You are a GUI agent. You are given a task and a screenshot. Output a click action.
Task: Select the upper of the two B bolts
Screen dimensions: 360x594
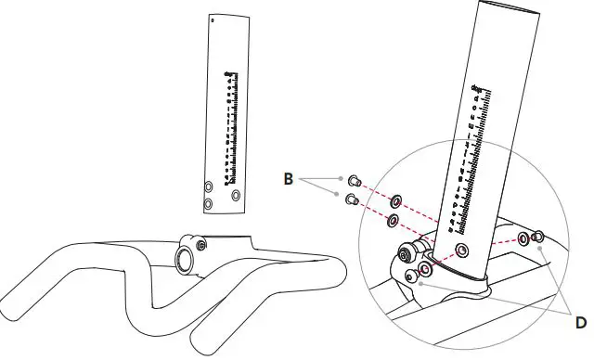(x=354, y=180)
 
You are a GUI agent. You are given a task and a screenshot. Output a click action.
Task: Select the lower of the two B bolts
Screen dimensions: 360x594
(x=352, y=199)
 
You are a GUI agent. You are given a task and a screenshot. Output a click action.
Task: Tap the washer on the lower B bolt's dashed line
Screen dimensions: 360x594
(x=392, y=221)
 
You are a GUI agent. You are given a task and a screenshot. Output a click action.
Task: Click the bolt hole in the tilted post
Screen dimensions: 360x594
(x=463, y=251)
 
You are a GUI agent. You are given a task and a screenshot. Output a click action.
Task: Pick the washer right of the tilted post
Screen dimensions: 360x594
(x=524, y=240)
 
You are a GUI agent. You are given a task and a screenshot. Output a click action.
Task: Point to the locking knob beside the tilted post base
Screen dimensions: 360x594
(x=407, y=252)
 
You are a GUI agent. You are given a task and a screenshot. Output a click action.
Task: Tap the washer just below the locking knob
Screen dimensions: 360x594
(x=426, y=269)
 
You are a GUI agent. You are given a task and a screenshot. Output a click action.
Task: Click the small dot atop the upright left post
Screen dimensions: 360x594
(x=213, y=19)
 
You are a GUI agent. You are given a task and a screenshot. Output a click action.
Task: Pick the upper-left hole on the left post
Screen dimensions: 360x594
(x=208, y=186)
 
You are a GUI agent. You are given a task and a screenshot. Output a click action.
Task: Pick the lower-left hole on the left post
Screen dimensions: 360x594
(x=208, y=203)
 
